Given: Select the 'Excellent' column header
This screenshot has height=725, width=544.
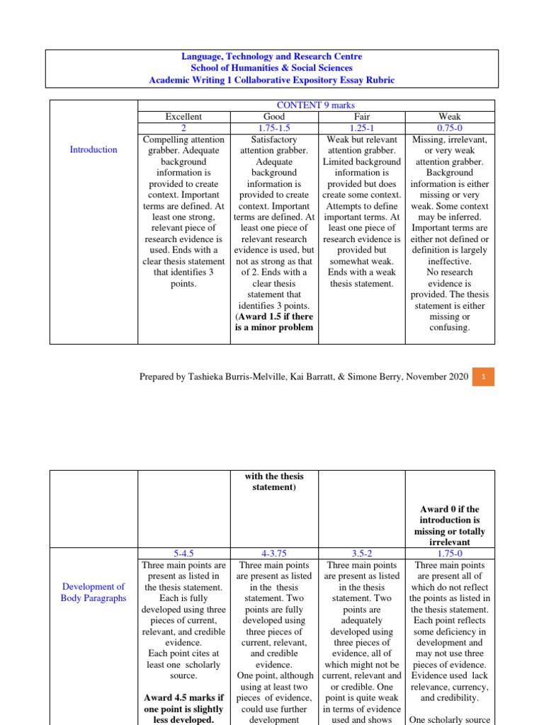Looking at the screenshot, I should (183, 116).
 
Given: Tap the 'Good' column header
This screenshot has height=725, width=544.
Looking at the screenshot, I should (273, 116).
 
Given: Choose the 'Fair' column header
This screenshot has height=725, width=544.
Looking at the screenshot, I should (361, 116).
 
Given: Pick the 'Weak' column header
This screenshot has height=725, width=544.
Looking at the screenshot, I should (450, 116).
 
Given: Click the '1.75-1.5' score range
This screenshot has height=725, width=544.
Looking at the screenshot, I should (273, 127).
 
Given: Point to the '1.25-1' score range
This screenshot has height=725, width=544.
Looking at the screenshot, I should (361, 127).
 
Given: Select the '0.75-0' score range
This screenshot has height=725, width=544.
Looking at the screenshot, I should (450, 127).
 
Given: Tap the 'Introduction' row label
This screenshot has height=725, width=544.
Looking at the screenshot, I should (93, 149).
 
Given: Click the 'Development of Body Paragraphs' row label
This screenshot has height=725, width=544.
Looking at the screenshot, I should (93, 592).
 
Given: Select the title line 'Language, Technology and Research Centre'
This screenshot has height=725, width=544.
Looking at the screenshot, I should (272, 57).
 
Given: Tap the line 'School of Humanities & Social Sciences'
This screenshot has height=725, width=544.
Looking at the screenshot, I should (272, 68).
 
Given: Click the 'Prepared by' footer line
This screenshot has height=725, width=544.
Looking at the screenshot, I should (303, 377).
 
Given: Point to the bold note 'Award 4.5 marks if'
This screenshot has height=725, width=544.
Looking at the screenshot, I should (183, 698).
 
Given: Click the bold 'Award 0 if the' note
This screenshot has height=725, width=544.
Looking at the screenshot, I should (450, 509).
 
